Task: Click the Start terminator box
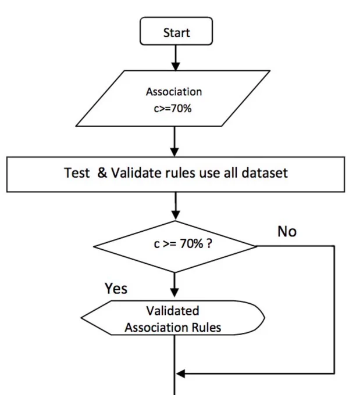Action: pos(176,31)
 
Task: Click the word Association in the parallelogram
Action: pos(174,92)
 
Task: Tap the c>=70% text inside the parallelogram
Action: pos(173,109)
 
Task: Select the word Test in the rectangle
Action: pos(77,173)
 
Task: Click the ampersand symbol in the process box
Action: pos(102,173)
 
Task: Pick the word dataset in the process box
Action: pos(265,173)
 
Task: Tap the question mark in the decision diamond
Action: pos(209,243)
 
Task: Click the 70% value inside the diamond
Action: pos(191,243)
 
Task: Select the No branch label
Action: pos(287,231)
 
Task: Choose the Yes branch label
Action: pos(116,288)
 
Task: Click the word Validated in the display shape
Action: pos(173,311)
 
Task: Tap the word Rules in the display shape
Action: pos(206,328)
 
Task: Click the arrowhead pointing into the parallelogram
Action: pos(176,66)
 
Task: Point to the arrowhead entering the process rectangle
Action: pos(174,152)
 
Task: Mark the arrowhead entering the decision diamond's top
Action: pos(176,216)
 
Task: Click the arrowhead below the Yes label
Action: pos(174,293)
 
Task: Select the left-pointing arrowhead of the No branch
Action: pos(180,374)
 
